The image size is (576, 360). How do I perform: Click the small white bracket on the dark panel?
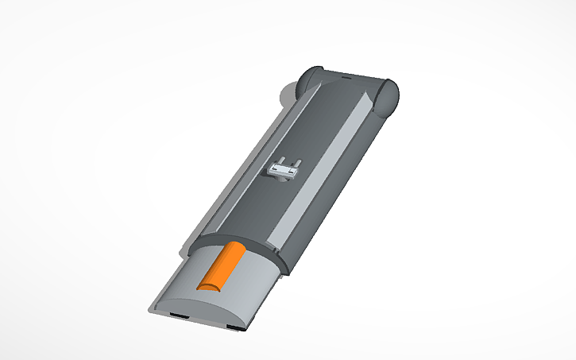[284, 169]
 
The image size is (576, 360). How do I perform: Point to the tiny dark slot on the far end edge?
[346, 78]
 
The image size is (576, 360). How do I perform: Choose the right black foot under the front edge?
[235, 327]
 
